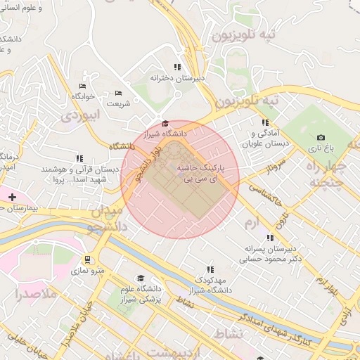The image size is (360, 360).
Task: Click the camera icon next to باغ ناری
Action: pos(321,137)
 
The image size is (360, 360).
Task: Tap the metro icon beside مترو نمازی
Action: pos(88,259)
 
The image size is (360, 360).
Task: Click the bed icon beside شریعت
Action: pos(118,93)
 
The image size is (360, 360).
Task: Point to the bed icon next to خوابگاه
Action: pos(83,86)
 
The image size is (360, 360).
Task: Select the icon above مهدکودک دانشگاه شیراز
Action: pos(210,269)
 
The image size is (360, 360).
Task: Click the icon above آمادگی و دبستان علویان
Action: pos(264,122)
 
